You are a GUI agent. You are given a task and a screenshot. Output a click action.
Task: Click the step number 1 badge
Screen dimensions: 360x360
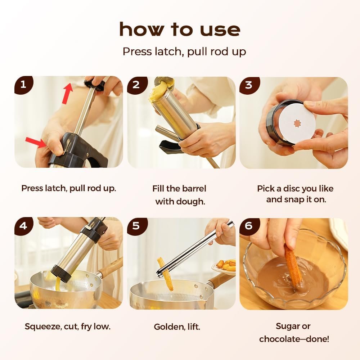click(x=23, y=85)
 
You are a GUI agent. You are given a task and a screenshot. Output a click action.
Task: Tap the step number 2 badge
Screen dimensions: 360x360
click(x=136, y=85)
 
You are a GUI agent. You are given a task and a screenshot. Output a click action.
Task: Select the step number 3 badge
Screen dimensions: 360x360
click(x=249, y=85)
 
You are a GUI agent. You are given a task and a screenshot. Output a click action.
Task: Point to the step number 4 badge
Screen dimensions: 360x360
click(x=23, y=226)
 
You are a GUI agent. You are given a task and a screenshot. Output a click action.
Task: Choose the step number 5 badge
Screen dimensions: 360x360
click(x=136, y=226)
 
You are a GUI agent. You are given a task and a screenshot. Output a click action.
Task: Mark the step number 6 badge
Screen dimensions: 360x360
click(x=249, y=226)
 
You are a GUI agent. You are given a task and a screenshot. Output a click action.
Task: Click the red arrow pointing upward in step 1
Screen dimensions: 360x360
click(x=67, y=93)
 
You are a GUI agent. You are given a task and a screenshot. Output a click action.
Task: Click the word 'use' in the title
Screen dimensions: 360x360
click(x=220, y=30)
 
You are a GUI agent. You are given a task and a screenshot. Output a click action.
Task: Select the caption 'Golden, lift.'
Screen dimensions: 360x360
click(x=177, y=327)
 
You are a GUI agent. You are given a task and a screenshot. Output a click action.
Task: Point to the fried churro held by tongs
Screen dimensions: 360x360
click(x=165, y=274)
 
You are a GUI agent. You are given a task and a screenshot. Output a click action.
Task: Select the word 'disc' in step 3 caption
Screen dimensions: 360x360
click(x=291, y=189)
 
